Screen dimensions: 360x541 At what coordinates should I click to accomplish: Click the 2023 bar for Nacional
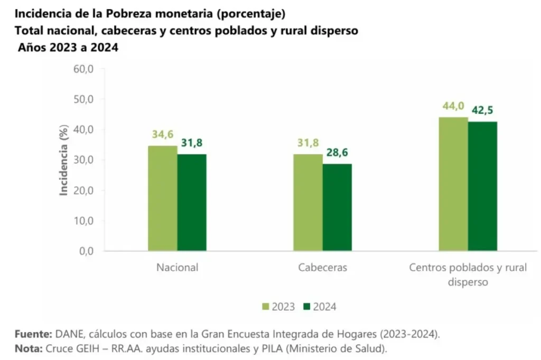click(x=162, y=198)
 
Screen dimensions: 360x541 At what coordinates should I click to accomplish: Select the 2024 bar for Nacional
click(x=192, y=202)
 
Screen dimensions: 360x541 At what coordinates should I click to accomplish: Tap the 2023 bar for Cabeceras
click(x=307, y=202)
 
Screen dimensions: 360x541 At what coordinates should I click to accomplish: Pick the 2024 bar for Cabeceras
click(x=337, y=207)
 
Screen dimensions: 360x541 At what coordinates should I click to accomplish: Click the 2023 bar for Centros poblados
click(x=453, y=184)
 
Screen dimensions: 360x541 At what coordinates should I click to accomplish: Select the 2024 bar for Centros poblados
click(x=482, y=186)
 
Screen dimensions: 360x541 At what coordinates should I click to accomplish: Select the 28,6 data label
click(x=337, y=154)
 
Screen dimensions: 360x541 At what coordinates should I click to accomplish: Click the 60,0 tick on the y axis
click(x=82, y=69)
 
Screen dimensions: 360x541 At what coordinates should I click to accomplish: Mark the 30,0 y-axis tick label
click(x=82, y=160)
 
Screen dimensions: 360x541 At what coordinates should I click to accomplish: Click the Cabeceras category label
click(x=322, y=267)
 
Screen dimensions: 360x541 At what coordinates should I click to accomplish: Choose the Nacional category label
click(x=177, y=267)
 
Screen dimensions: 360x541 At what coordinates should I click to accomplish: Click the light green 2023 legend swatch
click(x=266, y=307)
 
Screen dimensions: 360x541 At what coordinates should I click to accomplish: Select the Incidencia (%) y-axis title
click(x=64, y=160)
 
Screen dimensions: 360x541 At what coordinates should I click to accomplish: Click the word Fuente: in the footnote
click(x=33, y=335)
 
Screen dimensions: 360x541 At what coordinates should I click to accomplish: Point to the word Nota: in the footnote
click(x=29, y=349)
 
